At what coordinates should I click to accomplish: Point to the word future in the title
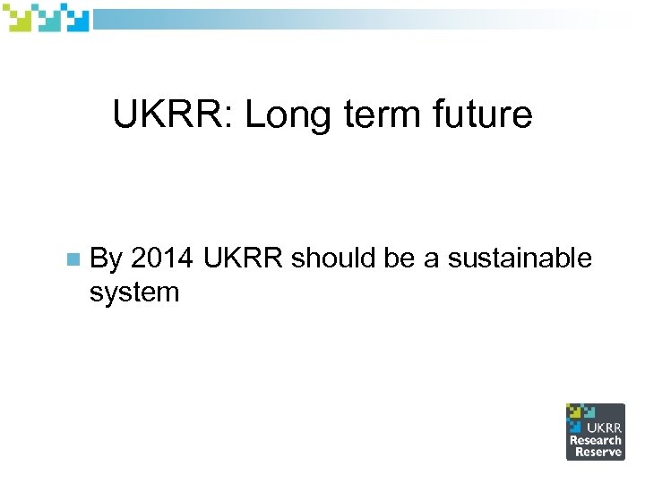tap(485, 114)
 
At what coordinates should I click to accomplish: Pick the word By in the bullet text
tap(107, 259)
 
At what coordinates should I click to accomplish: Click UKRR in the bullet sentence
tap(244, 258)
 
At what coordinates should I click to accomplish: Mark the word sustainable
tap(520, 258)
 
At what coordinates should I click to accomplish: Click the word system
tap(134, 291)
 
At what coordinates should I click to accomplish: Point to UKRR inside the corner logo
tap(605, 428)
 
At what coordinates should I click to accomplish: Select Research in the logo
tap(595, 440)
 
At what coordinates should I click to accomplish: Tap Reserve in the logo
tap(598, 452)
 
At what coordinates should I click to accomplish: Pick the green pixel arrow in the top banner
tap(19, 18)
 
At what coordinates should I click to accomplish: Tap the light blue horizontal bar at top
tap(358, 20)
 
